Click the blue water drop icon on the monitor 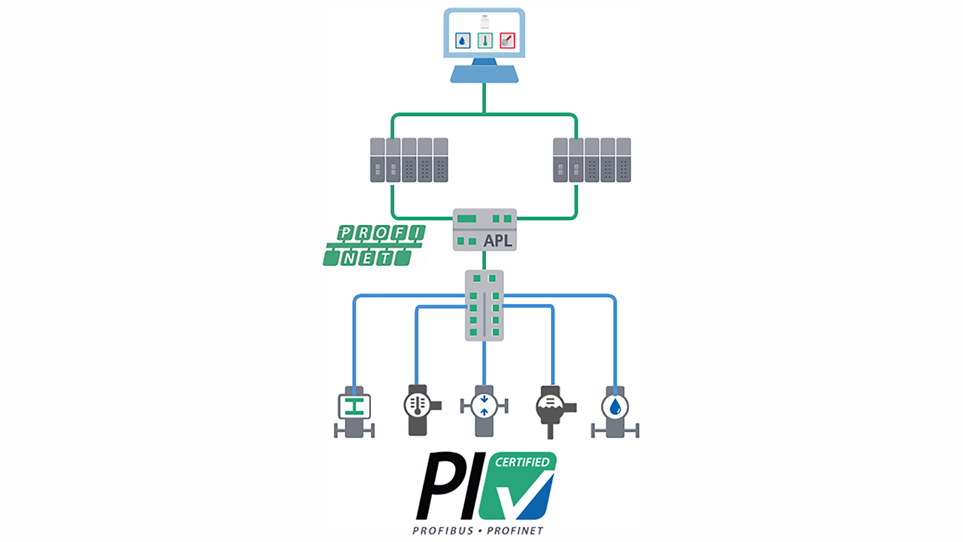coord(463,40)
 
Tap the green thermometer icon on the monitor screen coord(485,40)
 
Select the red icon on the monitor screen coord(507,40)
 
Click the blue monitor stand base coord(484,74)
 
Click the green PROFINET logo coord(373,245)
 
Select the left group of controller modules coord(409,160)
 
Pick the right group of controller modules coord(591,160)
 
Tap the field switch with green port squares coord(485,306)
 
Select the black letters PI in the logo coord(449,486)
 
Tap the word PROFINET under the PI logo coord(515,531)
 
